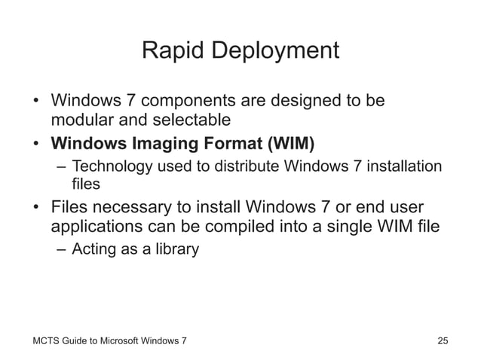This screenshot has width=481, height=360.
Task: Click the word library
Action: click(x=178, y=249)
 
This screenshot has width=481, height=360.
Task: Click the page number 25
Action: click(x=443, y=342)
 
